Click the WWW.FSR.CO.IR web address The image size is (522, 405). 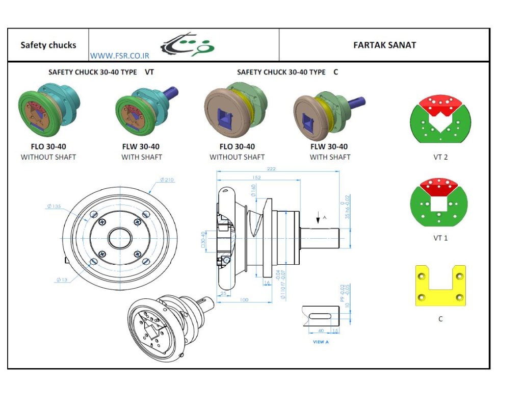pyautogui.click(x=119, y=56)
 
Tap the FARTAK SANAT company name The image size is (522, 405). pyautogui.click(x=384, y=45)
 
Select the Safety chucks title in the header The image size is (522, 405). pyautogui.click(x=48, y=45)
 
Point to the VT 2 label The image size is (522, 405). pyautogui.click(x=440, y=157)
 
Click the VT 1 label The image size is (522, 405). pyautogui.click(x=440, y=238)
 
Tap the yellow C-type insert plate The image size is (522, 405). pyautogui.click(x=440, y=286)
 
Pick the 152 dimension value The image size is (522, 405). pyautogui.click(x=256, y=178)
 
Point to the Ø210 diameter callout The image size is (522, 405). pyautogui.click(x=167, y=180)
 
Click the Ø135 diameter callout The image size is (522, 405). pyautogui.click(x=54, y=207)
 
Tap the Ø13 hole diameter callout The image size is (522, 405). pyautogui.click(x=63, y=279)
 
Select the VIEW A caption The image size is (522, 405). pyautogui.click(x=321, y=342)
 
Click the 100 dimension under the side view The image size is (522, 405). pyautogui.click(x=244, y=300)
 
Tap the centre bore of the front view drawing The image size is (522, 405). pyautogui.click(x=120, y=238)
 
